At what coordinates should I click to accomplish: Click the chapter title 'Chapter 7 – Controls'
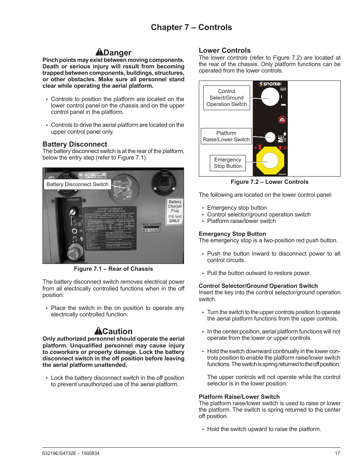point(191,27)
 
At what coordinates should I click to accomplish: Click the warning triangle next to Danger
point(99,52)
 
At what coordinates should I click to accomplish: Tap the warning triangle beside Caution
point(98,331)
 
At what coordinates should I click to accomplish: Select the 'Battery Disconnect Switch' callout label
point(77,184)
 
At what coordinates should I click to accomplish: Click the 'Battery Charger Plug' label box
point(175,211)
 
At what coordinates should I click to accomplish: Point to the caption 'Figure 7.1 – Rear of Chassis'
point(113,269)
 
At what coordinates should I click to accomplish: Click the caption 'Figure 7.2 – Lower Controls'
point(269,182)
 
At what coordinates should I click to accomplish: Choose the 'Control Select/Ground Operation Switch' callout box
point(227,98)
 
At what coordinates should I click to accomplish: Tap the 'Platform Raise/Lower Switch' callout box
point(226,136)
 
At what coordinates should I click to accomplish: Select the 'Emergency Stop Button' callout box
point(228,163)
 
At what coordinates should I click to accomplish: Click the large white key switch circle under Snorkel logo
point(270,97)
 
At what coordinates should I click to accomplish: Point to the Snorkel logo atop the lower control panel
point(270,84)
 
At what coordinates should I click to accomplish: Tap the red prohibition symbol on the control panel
point(282,120)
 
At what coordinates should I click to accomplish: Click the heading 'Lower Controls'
point(225,51)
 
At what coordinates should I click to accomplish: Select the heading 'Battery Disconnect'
point(75,144)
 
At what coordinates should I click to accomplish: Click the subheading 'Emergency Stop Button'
point(232,234)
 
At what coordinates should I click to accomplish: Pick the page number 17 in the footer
point(337,453)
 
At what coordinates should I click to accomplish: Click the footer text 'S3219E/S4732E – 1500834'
point(71,453)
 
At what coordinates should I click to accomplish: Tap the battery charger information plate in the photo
point(110,228)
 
